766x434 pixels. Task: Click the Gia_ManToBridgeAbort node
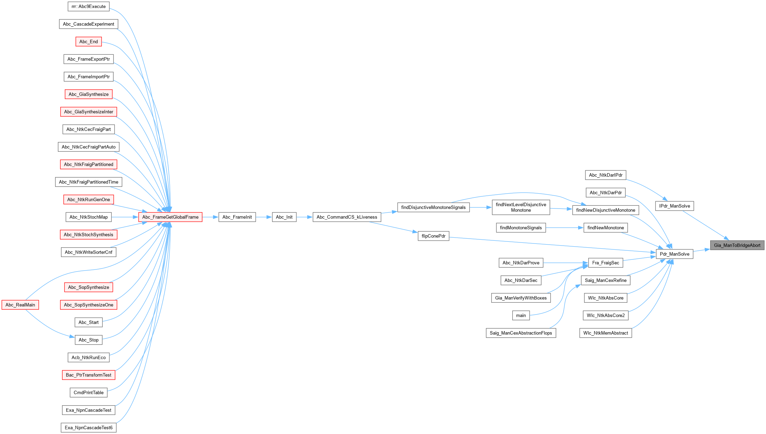(737, 245)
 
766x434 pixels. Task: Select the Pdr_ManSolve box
(674, 254)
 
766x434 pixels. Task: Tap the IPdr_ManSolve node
(674, 206)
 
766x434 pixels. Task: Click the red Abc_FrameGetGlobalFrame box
(170, 217)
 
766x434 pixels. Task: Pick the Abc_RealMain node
(20, 305)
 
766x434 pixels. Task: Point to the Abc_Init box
(284, 217)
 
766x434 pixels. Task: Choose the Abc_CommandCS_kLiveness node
(347, 217)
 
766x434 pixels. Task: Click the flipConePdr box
(433, 236)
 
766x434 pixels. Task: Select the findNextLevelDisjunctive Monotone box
(521, 207)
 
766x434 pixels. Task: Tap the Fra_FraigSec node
(606, 263)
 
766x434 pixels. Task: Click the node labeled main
(521, 315)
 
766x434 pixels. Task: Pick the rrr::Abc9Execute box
(88, 6)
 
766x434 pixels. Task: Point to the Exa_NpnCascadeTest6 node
(88, 428)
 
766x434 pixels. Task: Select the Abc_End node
(88, 42)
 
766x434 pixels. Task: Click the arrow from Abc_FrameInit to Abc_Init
(264, 217)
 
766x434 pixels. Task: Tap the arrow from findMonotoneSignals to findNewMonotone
(565, 228)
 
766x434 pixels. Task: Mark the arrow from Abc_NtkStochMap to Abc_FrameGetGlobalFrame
(125, 217)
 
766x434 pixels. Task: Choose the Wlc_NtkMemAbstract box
(605, 333)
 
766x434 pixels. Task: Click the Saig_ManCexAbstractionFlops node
(521, 333)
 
